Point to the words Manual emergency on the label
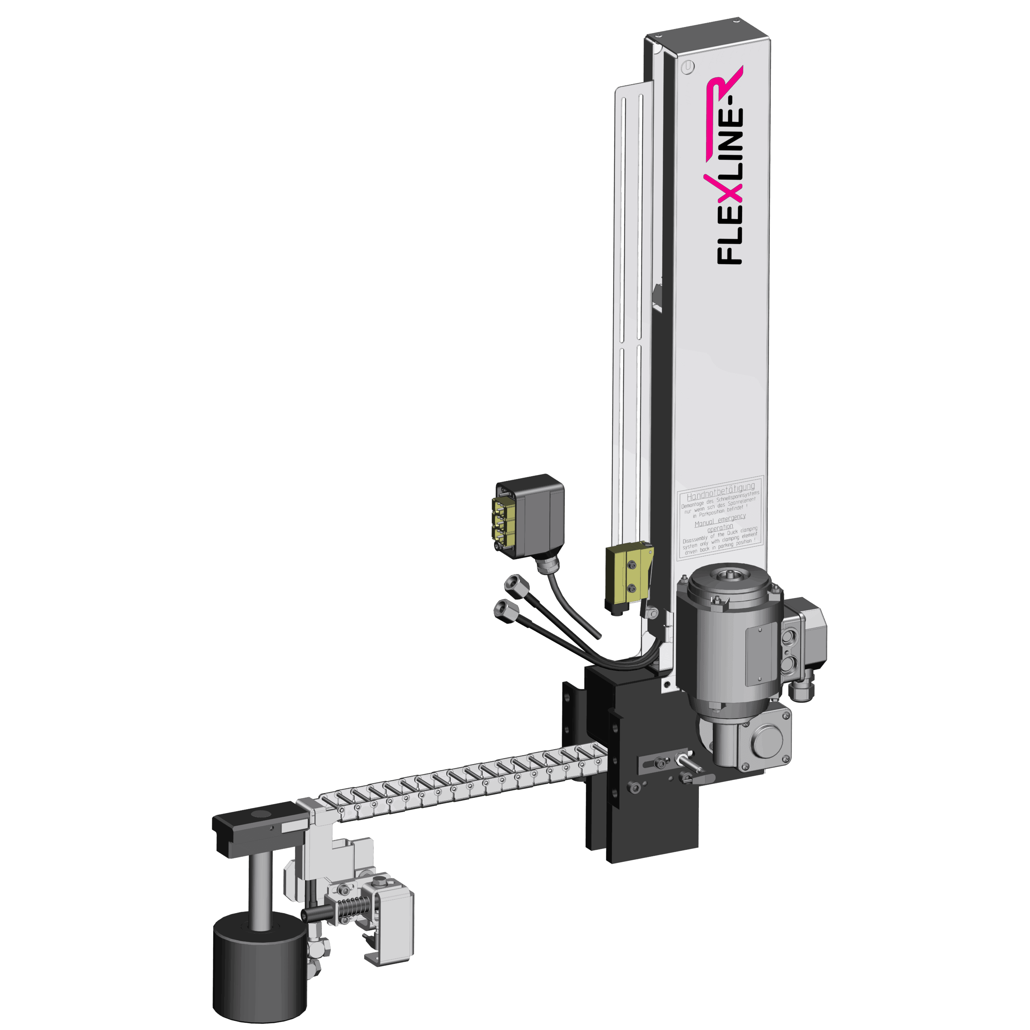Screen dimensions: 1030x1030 coord(720,521)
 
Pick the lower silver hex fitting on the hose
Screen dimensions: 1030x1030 coord(505,608)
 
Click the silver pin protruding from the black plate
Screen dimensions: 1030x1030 coord(691,763)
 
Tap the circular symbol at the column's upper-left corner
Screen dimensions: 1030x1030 coord(688,67)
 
